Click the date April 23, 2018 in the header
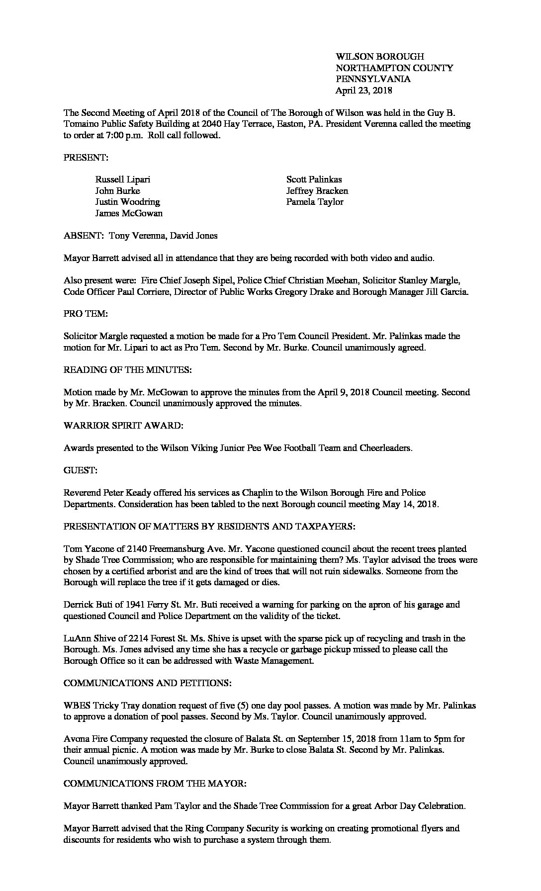363,90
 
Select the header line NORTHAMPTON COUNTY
394,68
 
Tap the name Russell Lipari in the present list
122,179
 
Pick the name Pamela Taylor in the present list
315,202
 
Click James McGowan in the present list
129,213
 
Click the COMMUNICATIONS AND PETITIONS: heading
147,683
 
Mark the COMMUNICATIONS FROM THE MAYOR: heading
155,784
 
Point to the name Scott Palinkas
314,179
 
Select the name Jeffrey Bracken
317,191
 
